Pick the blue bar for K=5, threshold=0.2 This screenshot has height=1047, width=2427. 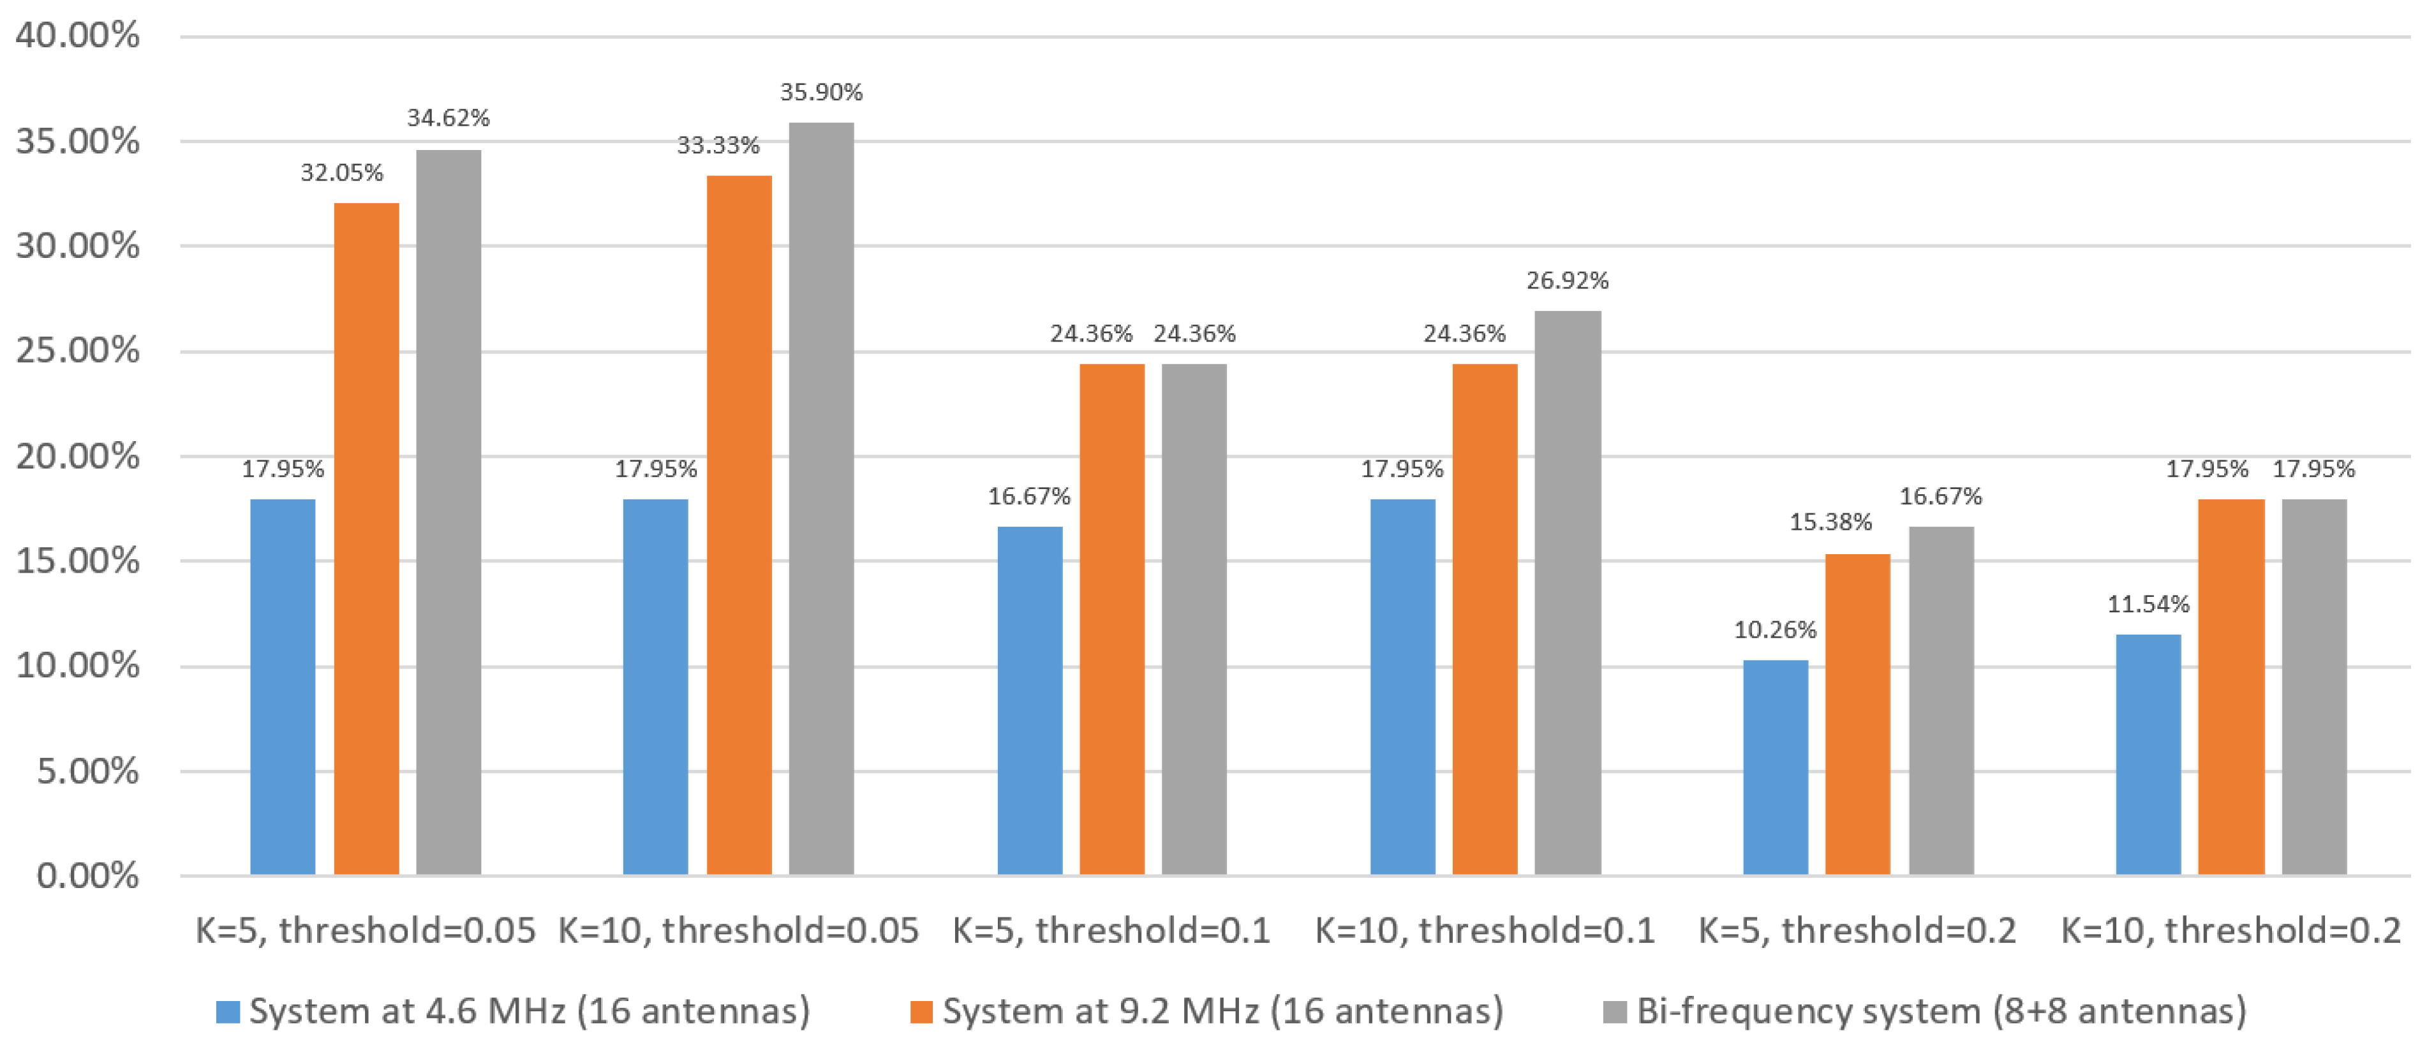[x=1775, y=767]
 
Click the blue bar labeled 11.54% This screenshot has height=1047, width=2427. [x=2148, y=754]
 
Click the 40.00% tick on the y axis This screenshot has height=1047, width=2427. [x=77, y=36]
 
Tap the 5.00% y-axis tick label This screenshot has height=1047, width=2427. [x=87, y=771]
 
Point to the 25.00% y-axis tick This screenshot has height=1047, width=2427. [x=77, y=350]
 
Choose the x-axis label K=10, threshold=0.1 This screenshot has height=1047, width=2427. [x=1484, y=931]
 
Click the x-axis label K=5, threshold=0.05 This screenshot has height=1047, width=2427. [x=366, y=931]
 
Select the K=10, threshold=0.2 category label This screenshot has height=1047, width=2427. [x=2230, y=931]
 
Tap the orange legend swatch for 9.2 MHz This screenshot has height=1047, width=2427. [x=921, y=1012]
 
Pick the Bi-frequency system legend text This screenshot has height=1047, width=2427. [x=1941, y=1011]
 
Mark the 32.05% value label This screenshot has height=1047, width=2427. [x=342, y=172]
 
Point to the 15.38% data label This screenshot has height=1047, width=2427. [x=1830, y=522]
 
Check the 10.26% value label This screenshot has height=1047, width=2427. [x=1775, y=629]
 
